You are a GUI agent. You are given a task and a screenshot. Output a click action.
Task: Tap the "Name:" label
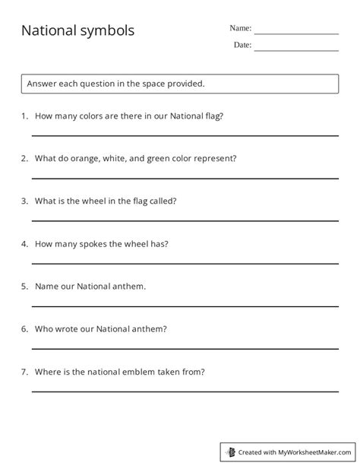coord(240,28)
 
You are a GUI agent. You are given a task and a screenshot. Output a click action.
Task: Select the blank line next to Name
coord(296,33)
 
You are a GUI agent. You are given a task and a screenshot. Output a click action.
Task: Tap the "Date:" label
coord(242,46)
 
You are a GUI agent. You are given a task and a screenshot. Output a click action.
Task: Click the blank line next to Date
coord(296,51)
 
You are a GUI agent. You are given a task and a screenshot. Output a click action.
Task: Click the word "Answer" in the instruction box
coord(43,83)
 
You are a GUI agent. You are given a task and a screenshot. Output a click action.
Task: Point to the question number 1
coord(24,116)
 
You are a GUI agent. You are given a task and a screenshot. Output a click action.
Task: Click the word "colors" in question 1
coord(99,116)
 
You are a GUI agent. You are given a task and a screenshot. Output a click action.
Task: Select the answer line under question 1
coord(185,135)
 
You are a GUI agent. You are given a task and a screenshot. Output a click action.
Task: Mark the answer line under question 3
coord(185,220)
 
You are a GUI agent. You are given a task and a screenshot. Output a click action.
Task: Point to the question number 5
coord(24,287)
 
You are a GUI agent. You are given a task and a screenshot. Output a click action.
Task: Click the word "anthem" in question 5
coord(128,287)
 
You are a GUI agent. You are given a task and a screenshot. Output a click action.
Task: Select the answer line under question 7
coord(185,391)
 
